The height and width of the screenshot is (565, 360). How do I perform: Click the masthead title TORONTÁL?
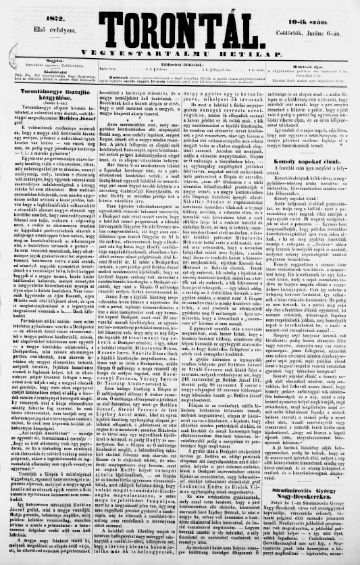click(179, 28)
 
